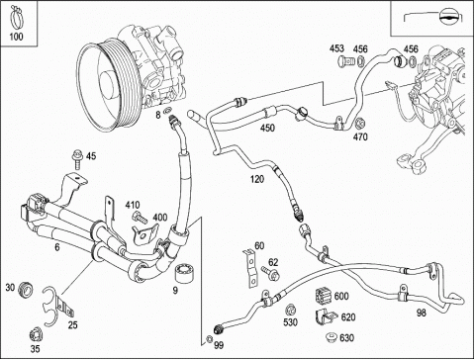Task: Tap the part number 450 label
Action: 267,128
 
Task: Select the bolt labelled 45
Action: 77,159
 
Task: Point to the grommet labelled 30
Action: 26,290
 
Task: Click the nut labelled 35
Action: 36,335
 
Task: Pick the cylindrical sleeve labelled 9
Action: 184,273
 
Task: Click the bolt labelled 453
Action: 345,61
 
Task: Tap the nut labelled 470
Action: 360,123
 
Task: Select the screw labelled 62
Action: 271,273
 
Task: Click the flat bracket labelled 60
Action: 251,269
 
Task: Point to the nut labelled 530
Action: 290,311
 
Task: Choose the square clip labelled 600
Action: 324,297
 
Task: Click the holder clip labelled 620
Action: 326,318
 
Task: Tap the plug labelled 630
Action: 331,338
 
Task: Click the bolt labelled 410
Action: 140,218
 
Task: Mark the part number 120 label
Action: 257,179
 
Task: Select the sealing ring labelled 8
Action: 168,110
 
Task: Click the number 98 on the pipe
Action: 422,313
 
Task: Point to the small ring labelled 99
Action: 209,338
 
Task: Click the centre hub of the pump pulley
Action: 107,85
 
